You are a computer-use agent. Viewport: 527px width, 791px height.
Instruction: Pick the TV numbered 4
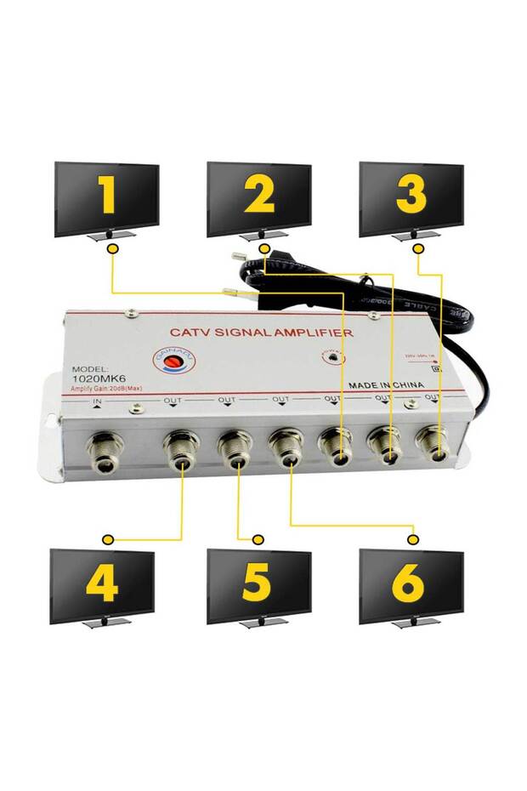102,585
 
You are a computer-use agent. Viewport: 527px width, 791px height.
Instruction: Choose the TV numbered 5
258,585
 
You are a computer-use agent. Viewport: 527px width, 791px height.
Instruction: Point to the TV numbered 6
411,585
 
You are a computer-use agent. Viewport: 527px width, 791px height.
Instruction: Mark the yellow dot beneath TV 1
112,248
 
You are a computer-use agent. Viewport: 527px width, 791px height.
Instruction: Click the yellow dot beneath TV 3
418,248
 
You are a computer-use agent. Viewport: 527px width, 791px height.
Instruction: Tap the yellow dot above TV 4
107,539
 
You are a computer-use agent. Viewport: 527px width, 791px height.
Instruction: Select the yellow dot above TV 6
414,539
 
